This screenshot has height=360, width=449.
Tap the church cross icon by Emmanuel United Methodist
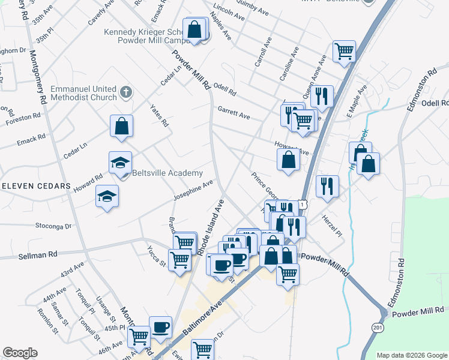tap(125, 92)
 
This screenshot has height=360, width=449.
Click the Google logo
tap(20, 353)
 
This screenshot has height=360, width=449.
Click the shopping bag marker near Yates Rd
tap(122, 127)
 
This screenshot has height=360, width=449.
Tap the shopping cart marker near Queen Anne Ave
tap(345, 52)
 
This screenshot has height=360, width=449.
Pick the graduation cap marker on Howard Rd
tap(107, 197)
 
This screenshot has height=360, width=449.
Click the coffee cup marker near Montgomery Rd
tap(160, 327)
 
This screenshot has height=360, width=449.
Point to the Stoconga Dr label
tap(53, 226)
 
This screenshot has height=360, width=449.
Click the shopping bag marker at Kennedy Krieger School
tap(194, 29)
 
